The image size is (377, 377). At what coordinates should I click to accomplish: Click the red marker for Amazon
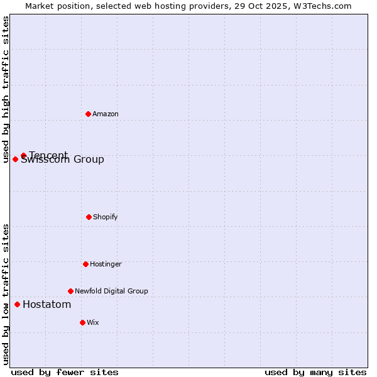click(88, 114)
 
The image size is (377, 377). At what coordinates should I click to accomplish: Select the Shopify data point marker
click(89, 217)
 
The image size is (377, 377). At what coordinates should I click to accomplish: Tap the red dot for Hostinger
click(85, 264)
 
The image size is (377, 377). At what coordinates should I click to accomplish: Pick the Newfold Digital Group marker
click(70, 291)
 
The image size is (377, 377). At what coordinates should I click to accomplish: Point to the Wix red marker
click(82, 322)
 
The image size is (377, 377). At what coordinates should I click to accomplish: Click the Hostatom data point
click(17, 304)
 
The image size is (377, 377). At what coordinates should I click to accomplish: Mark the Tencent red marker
click(23, 155)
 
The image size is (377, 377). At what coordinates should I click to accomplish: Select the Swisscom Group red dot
click(15, 159)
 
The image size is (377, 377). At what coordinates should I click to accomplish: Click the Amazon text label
click(106, 114)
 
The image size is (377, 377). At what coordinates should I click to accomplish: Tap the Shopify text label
click(106, 217)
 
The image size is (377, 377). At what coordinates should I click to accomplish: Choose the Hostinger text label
click(106, 264)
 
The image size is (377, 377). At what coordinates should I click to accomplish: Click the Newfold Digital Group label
click(111, 291)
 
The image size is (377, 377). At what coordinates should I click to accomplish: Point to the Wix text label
click(93, 322)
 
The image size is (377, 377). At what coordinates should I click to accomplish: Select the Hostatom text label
click(47, 305)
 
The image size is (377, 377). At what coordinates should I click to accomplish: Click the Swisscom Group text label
click(63, 160)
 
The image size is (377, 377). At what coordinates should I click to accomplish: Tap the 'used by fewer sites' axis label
click(65, 372)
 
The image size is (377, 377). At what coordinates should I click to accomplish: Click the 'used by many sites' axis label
click(315, 372)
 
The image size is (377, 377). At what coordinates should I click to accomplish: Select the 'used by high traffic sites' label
click(6, 89)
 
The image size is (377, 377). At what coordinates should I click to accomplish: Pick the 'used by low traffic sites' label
click(6, 294)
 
